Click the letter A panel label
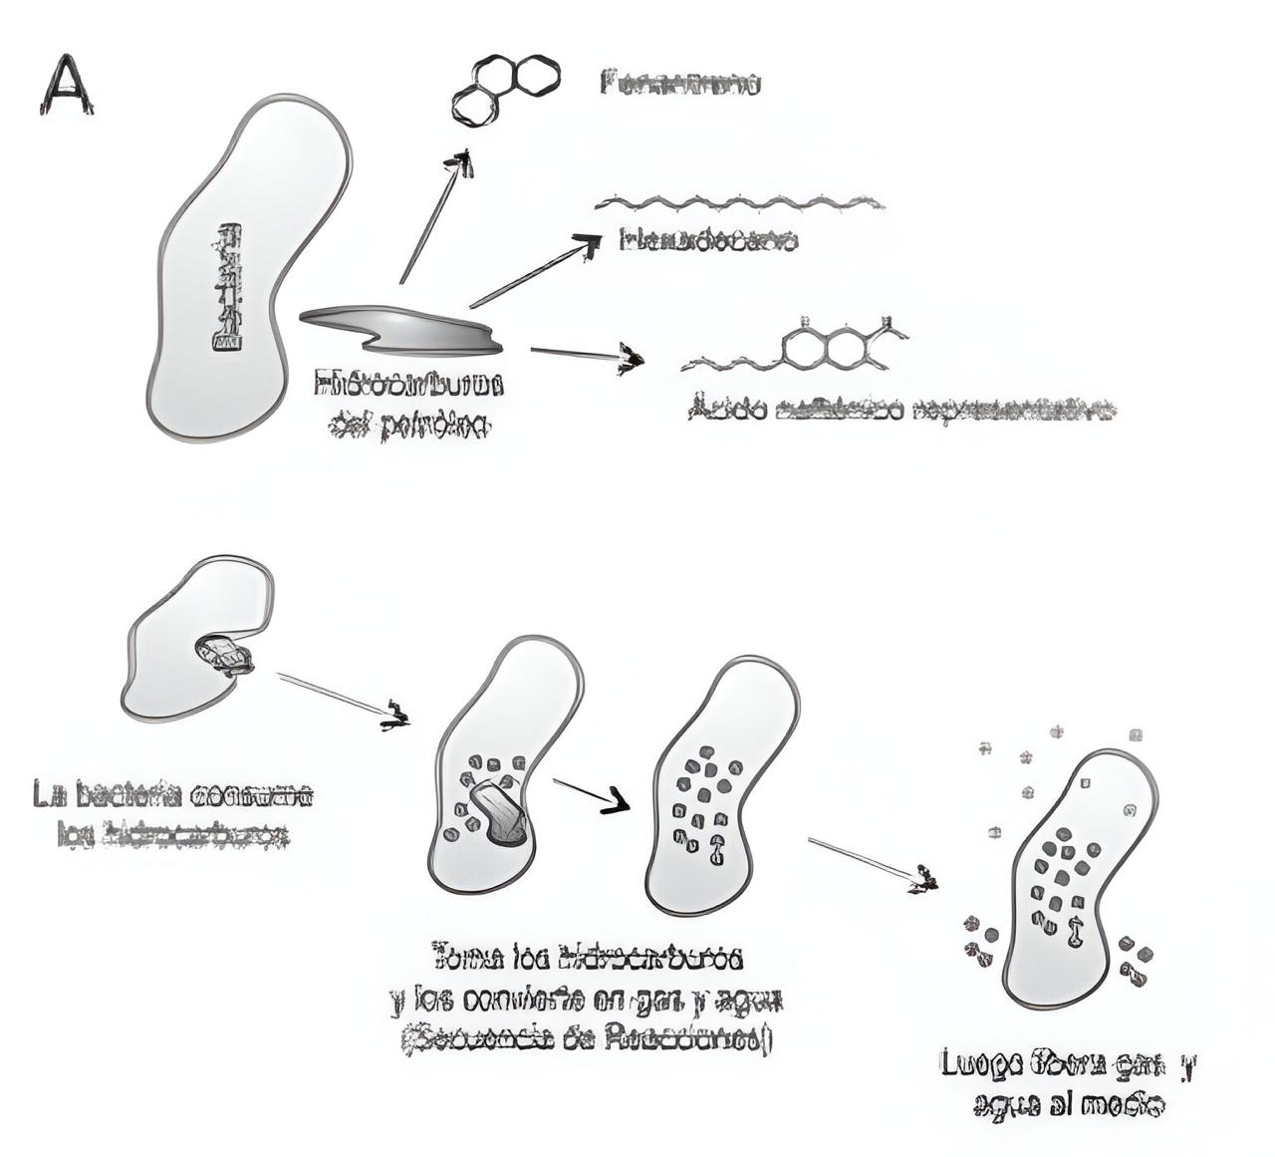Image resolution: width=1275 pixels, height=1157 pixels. pyautogui.click(x=66, y=86)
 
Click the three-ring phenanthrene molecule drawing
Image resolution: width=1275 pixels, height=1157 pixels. pyautogui.click(x=505, y=89)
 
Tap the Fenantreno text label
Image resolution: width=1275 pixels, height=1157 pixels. pyautogui.click(x=681, y=83)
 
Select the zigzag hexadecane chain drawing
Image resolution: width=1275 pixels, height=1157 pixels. pyautogui.click(x=739, y=203)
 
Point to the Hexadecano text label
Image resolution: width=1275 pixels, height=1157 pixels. pyautogui.click(x=707, y=240)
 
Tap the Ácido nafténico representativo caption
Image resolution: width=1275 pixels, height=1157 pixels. pyautogui.click(x=901, y=410)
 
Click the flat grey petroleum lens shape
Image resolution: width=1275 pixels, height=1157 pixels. pyautogui.click(x=403, y=330)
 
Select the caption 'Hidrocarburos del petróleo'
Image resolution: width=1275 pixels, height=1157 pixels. pyautogui.click(x=408, y=405)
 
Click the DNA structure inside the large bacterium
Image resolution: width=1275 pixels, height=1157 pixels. pyautogui.click(x=228, y=287)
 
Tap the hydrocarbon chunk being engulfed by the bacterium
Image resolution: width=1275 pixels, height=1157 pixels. pyautogui.click(x=226, y=656)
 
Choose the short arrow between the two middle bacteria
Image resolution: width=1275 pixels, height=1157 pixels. pyautogui.click(x=591, y=794)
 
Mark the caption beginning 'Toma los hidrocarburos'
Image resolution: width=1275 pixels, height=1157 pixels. pyautogui.click(x=588, y=998)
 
